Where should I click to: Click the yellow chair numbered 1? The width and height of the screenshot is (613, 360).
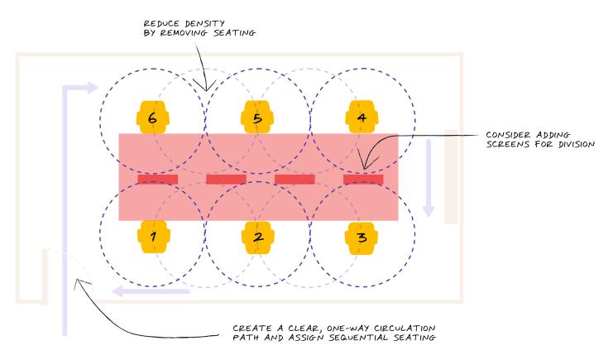(153, 237)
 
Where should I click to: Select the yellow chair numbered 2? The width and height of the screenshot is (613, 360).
(257, 237)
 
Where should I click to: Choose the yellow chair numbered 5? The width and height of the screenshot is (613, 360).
(257, 118)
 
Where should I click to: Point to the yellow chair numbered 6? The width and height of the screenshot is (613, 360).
(153, 118)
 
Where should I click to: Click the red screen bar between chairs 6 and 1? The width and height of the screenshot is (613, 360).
(157, 179)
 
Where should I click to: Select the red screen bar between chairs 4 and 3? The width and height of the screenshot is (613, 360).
(363, 179)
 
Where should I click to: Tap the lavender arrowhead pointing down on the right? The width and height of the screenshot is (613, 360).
(428, 209)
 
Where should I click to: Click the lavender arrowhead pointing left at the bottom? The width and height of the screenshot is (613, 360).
(118, 290)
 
